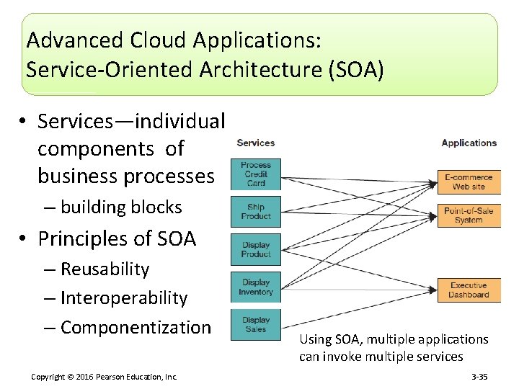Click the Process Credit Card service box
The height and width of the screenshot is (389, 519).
256,174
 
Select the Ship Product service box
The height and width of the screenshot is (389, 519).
256,212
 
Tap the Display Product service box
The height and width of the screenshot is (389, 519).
256,249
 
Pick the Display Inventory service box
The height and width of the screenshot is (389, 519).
256,287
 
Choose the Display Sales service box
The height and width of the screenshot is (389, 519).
256,324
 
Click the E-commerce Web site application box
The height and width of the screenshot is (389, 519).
469,182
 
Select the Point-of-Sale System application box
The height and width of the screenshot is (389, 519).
469,215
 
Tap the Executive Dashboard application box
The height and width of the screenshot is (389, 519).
469,290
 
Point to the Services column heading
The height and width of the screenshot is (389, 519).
256,143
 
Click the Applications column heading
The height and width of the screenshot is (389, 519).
469,143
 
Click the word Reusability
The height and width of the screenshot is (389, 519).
105,269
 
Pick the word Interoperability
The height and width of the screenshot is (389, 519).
124,298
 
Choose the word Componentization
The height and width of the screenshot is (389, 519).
136,327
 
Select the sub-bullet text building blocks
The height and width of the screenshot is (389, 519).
121,207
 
